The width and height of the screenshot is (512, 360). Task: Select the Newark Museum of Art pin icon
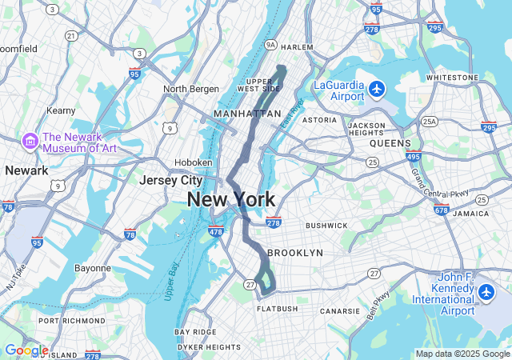[x=30, y=141]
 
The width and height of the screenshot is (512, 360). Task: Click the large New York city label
[x=231, y=200]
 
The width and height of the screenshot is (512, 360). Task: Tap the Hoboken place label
[x=195, y=162]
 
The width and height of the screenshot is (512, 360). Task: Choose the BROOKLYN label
[x=294, y=253]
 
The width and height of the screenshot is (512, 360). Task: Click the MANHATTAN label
[x=247, y=114]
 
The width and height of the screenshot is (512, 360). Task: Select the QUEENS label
[x=390, y=143]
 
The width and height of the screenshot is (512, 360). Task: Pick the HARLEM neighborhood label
[x=297, y=47]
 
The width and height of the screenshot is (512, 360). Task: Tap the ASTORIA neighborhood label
[x=319, y=120]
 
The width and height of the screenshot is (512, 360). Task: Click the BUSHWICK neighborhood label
[x=326, y=226]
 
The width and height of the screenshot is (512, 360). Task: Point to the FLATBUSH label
[x=278, y=309]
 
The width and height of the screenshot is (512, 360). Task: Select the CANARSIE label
[x=340, y=311]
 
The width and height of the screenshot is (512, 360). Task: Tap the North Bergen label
[x=186, y=89]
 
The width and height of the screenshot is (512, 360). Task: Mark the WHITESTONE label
[x=452, y=78]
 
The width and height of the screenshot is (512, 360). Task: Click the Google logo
[x=26, y=350]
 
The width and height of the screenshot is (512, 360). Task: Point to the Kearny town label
[x=61, y=110]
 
